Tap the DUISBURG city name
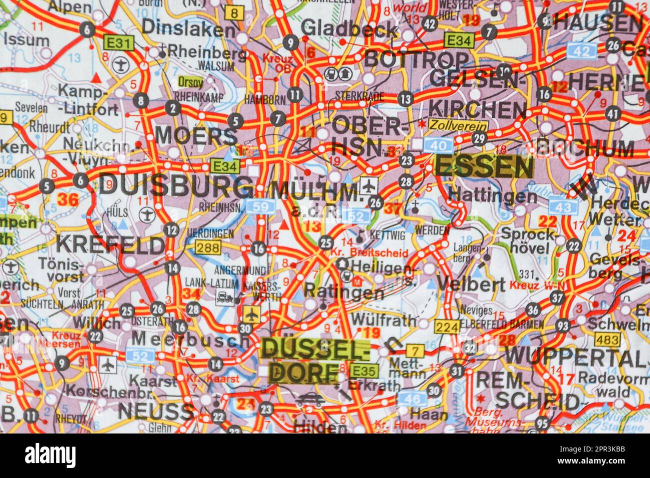coord(175,186)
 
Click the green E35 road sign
coord(364,371)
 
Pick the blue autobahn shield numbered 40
coord(438,145)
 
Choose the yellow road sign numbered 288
coord(207,247)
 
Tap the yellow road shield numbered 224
coord(446,326)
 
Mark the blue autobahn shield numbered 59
coord(260,206)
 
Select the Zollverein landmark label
coord(450,125)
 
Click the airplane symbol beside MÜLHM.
coord(368,186)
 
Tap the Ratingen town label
coord(344,291)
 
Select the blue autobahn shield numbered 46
coord(412,399)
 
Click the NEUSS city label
coord(155,412)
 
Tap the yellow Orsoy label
coord(190,81)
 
